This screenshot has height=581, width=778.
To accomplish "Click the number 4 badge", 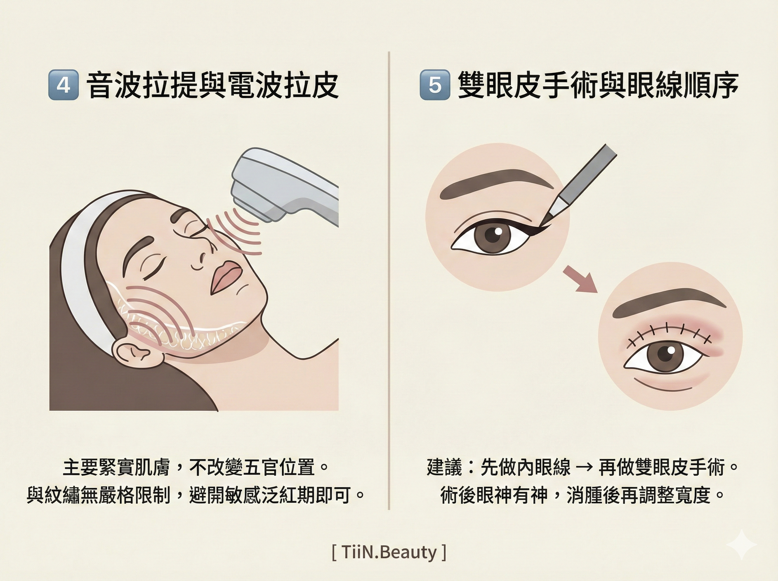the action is click(x=63, y=85).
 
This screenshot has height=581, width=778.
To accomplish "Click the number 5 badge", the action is click(x=435, y=85).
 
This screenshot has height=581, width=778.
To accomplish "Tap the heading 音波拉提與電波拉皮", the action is click(x=212, y=85).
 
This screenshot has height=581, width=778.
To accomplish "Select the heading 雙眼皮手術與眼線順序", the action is click(x=598, y=85).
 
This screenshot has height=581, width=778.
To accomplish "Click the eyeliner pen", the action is click(x=577, y=184).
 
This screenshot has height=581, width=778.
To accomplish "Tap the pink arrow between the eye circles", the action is click(x=580, y=279).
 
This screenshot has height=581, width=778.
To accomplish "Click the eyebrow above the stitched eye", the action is click(x=669, y=302).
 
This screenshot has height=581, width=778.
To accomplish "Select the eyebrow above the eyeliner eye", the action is click(x=497, y=183).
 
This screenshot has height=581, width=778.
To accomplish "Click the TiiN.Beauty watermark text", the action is click(x=389, y=552).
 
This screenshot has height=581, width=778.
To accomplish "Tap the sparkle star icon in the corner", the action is click(x=742, y=545).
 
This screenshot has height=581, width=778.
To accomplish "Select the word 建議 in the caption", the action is click(x=445, y=467).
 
